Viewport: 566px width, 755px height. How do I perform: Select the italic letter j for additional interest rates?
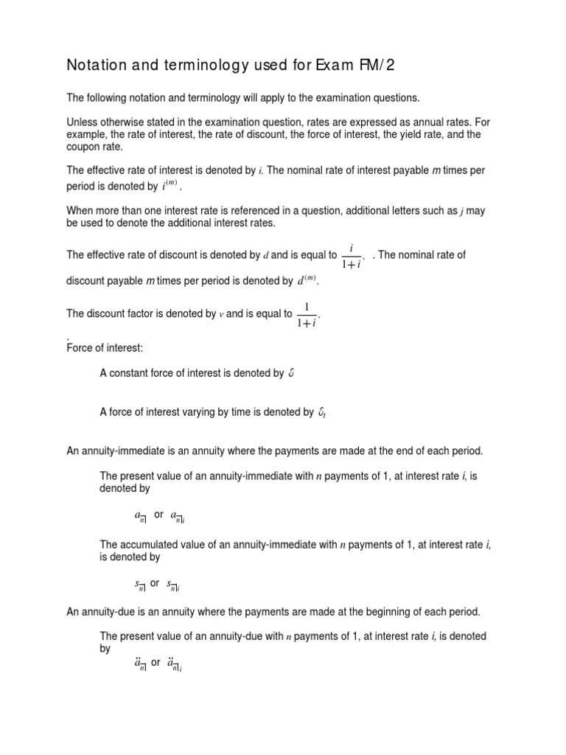tap(461, 211)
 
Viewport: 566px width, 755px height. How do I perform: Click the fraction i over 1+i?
tap(353, 256)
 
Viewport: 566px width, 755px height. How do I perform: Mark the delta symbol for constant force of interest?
tap(292, 374)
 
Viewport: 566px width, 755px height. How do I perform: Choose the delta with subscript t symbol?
tap(321, 413)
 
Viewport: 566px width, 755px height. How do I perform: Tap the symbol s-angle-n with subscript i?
tap(174, 585)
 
